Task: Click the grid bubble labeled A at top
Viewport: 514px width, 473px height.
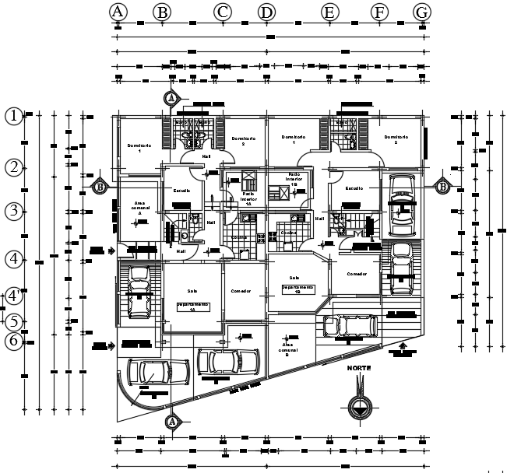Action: point(118,12)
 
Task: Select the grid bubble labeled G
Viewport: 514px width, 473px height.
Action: point(422,12)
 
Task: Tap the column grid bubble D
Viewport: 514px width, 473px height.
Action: point(266,12)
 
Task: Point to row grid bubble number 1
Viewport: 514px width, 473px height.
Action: point(14,116)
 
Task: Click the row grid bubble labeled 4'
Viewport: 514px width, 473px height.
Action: point(14,296)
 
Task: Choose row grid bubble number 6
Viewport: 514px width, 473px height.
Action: point(13,341)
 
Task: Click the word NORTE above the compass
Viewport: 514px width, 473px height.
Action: point(360,366)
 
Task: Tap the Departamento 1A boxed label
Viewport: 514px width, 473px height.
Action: point(192,306)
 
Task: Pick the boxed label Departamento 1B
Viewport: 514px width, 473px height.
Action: point(297,289)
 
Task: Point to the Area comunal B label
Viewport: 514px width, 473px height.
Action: point(289,349)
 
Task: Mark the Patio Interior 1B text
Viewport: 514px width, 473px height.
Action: point(294,179)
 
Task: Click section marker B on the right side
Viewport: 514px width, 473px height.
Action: point(442,186)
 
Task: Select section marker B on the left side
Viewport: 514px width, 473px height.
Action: point(100,186)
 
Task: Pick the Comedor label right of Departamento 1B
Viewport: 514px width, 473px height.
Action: point(357,274)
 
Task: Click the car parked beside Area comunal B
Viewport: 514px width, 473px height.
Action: point(227,362)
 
